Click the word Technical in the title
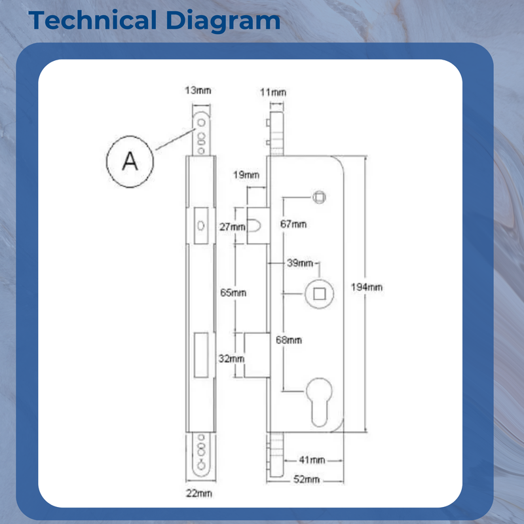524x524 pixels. [92, 20]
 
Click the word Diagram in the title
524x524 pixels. [223, 22]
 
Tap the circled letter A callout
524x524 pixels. [130, 161]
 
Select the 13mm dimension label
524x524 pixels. [198, 90]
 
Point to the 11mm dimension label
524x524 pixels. [273, 92]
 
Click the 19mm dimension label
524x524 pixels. [246, 175]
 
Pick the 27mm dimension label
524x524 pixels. [233, 227]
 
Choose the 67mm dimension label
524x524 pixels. [293, 224]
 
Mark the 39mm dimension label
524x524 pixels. [300, 263]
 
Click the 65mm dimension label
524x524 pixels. [233, 293]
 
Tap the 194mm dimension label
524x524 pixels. [367, 287]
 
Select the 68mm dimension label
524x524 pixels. [289, 340]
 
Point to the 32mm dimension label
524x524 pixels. [231, 358]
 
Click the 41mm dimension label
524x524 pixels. [312, 460]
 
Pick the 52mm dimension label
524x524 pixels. [307, 479]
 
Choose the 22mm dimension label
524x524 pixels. [199, 493]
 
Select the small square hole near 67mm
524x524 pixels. [319, 197]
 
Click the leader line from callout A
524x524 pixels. [175, 140]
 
